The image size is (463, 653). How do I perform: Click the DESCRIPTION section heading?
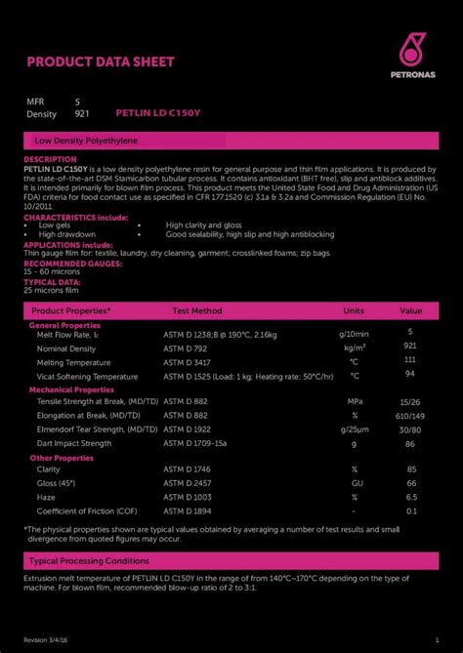(50, 159)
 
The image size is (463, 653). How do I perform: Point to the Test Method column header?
(197, 310)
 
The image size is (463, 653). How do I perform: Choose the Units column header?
(354, 310)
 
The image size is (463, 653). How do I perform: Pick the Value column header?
(410, 310)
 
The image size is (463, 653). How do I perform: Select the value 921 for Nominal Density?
(410, 347)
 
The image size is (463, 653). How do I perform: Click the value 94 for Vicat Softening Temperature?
(410, 374)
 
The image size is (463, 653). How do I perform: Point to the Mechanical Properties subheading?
(72, 388)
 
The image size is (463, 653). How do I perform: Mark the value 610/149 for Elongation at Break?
(410, 415)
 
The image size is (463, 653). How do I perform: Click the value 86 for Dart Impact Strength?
(410, 442)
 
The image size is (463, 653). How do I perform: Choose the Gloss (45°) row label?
(56, 483)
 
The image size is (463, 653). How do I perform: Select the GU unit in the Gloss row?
(358, 483)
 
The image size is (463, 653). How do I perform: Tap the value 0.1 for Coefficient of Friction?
(410, 510)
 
